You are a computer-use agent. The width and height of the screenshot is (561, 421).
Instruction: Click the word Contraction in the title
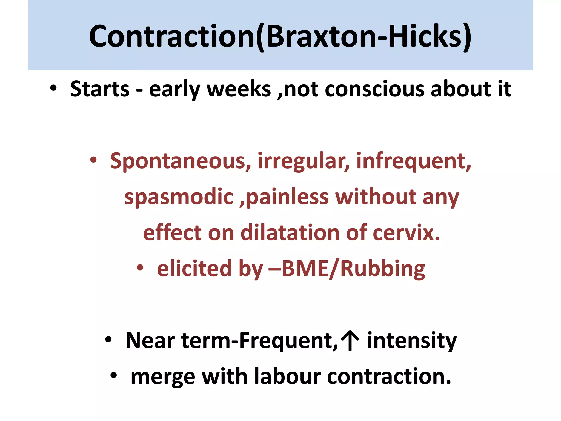(172, 36)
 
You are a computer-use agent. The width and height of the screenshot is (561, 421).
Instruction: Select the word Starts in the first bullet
(100, 89)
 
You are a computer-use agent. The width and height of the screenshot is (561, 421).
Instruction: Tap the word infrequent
(414, 161)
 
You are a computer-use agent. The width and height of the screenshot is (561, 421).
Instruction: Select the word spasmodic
(179, 197)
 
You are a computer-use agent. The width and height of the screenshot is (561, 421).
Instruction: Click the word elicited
(194, 268)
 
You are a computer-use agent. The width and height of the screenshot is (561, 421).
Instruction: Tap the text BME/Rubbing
(353, 269)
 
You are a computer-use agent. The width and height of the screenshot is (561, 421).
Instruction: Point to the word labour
(287, 376)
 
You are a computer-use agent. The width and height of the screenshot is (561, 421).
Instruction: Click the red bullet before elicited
(140, 268)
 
